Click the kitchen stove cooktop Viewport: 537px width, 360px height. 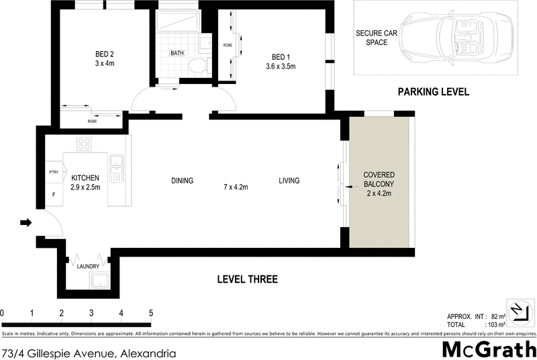(x=85, y=144)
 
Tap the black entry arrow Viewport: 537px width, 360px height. (x=26, y=223)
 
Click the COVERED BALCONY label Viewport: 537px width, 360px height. (x=379, y=184)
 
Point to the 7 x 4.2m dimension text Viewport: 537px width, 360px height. (x=236, y=187)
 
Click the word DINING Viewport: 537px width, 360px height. (x=182, y=181)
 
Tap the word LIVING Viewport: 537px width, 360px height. (x=289, y=181)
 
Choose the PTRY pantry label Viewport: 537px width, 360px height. (x=54, y=173)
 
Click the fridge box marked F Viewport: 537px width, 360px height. (x=54, y=195)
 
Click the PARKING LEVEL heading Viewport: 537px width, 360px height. (x=433, y=92)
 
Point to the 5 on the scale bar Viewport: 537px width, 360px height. (x=151, y=313)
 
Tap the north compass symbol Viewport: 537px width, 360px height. (x=516, y=308)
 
